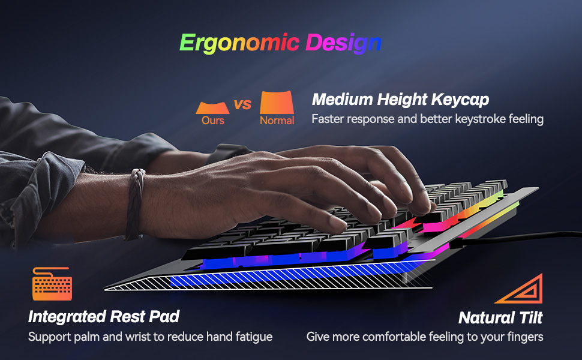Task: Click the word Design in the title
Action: pos(343,43)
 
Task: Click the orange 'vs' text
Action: pos(242,105)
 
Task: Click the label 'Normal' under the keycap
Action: pos(277,121)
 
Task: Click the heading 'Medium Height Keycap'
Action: pos(400,99)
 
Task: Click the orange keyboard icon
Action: pos(52,284)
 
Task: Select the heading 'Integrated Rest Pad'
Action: pos(104,316)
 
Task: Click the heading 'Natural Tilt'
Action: pos(500,317)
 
